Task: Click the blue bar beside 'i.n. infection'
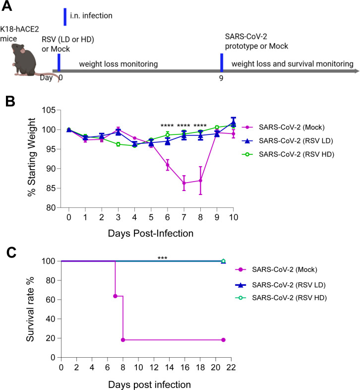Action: [x=65, y=17]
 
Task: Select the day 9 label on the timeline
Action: [x=221, y=78]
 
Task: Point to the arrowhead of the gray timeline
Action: [x=357, y=71]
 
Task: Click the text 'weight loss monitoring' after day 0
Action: [x=119, y=64]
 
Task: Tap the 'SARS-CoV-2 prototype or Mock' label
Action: [x=256, y=41]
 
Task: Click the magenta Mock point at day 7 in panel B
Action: [x=184, y=183]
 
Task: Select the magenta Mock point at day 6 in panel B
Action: [x=168, y=165]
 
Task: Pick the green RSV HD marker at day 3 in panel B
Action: [x=118, y=144]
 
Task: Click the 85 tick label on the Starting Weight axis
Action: [x=51, y=188]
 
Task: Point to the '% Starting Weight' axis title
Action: [x=32, y=157]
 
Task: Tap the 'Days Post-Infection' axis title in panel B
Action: [x=151, y=233]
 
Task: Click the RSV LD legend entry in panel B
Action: [x=288, y=141]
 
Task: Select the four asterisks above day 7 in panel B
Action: [x=183, y=126]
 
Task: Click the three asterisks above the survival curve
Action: [x=162, y=258]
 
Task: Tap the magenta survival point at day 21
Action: [x=223, y=340]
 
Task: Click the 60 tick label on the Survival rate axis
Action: [x=51, y=300]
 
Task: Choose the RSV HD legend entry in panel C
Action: [x=281, y=298]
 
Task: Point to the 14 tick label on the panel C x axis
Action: [x=170, y=367]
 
